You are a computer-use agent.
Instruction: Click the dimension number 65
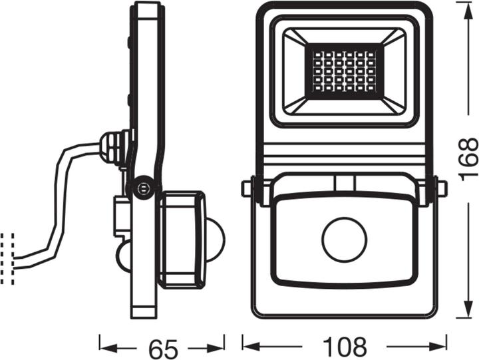[x=162, y=346]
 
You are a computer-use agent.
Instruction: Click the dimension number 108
[x=343, y=346]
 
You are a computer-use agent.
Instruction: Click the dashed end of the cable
[x=7, y=258]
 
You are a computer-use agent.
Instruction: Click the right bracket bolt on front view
[x=442, y=188]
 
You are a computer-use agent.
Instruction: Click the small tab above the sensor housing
[x=344, y=182]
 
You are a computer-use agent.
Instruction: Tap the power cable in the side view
[x=60, y=200]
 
